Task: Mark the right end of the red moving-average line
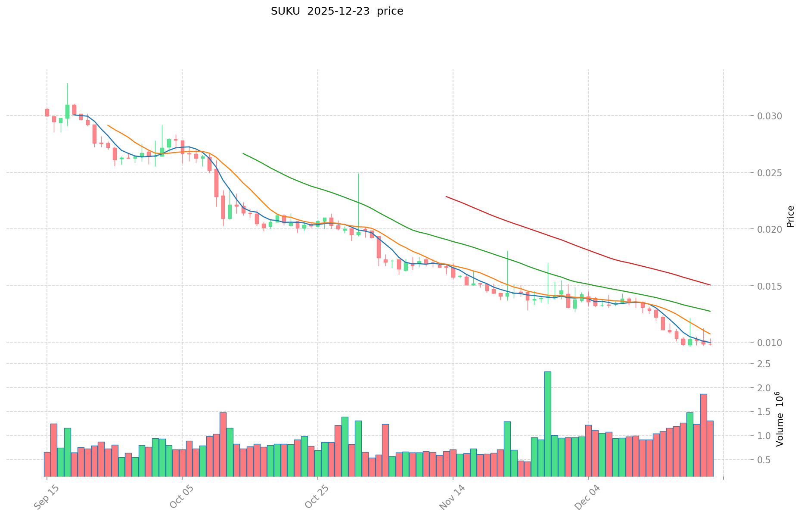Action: tap(710, 285)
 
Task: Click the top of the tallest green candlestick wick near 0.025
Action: tap(358, 173)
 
